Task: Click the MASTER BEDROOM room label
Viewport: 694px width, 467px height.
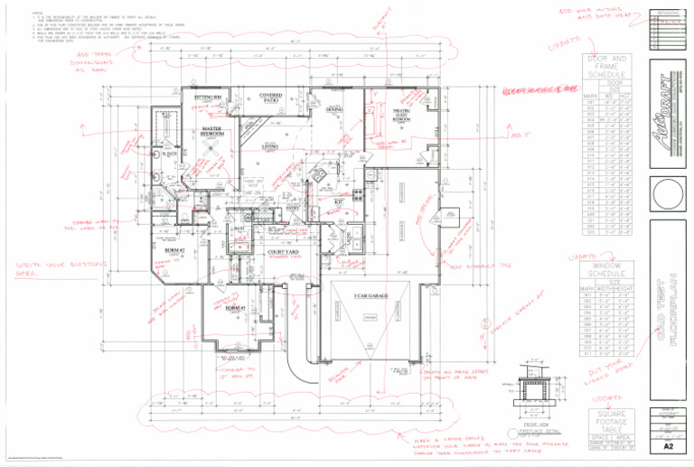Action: click(x=213, y=132)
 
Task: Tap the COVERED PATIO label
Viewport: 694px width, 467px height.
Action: click(x=270, y=97)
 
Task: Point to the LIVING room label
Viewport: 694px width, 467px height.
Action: click(x=269, y=146)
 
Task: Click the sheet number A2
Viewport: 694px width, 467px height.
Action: click(x=668, y=445)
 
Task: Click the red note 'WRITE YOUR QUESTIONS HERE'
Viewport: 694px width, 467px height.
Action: click(x=50, y=269)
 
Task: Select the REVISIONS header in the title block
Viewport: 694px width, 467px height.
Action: click(x=669, y=14)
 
